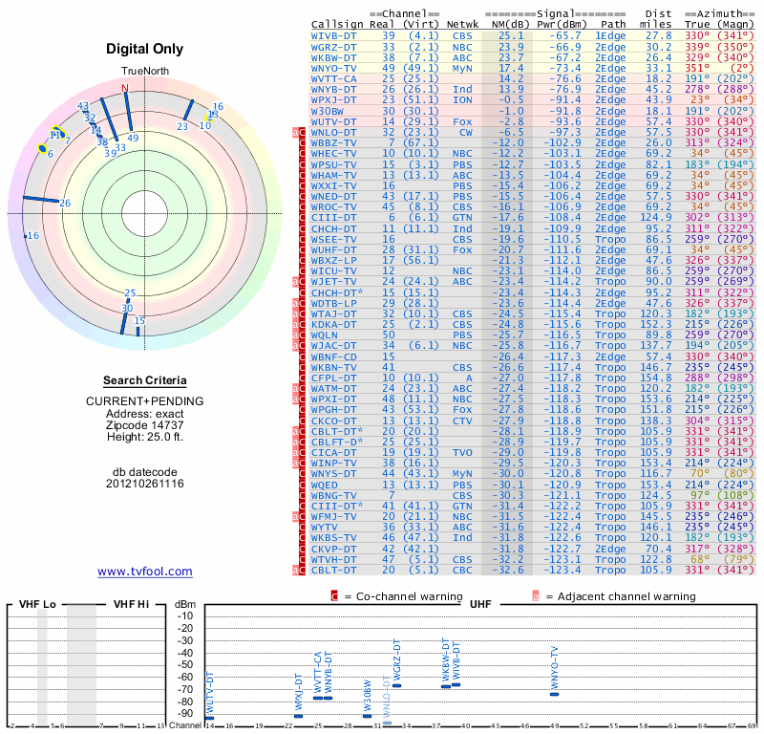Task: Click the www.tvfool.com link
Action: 145,572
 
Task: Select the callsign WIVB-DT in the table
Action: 334,34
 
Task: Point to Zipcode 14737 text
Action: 145,425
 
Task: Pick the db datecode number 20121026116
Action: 145,484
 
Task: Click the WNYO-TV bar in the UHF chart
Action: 555,694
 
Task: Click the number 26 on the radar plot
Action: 65,203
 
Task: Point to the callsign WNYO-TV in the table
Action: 334,68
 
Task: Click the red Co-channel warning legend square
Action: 335,596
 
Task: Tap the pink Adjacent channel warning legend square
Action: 536,596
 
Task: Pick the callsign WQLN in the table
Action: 328,335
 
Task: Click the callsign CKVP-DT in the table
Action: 334,549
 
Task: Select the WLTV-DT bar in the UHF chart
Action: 210,717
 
